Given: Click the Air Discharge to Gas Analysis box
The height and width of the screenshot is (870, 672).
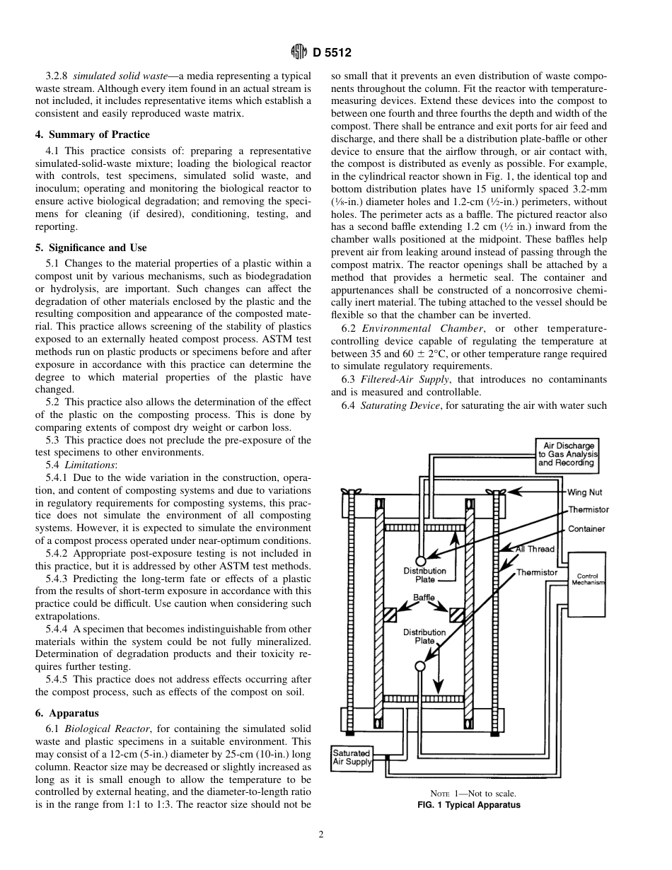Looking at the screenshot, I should click(x=566, y=455).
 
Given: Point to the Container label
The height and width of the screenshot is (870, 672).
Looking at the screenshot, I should click(x=586, y=529).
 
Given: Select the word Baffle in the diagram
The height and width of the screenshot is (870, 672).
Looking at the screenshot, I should click(x=424, y=598).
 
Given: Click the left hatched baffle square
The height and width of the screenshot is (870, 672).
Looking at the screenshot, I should click(x=390, y=615).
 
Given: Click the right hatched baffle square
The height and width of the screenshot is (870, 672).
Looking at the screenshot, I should click(x=456, y=615).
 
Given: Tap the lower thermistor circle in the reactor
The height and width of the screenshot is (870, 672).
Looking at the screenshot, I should click(x=420, y=666).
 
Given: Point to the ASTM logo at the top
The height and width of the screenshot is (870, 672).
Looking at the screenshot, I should click(x=299, y=52).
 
